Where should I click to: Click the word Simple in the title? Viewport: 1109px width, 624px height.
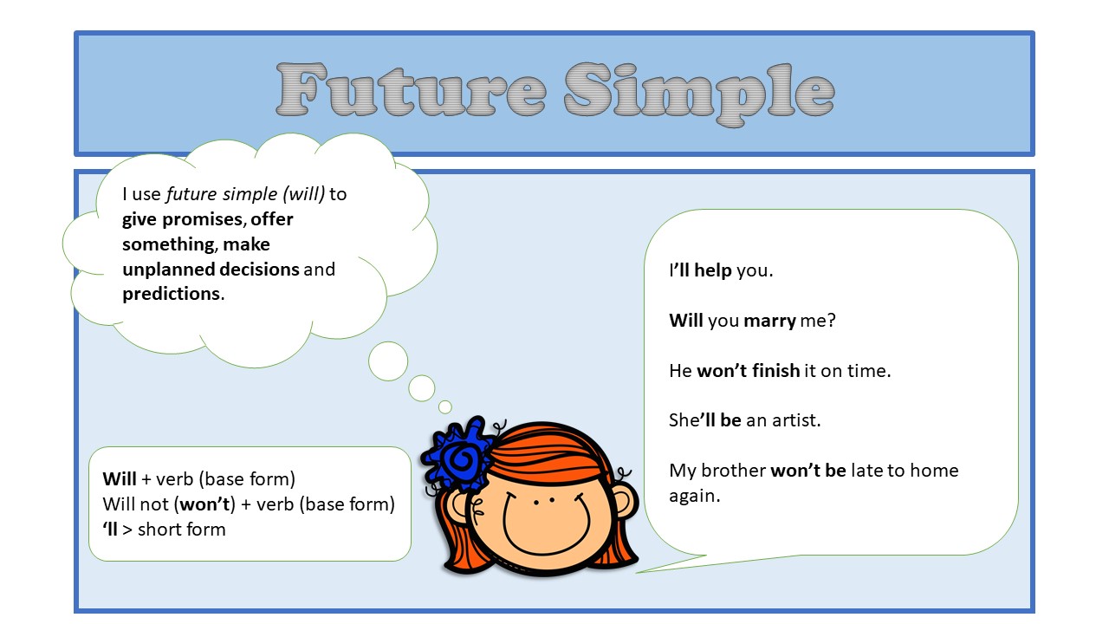[698, 90]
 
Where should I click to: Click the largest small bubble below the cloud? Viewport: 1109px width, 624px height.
[387, 361]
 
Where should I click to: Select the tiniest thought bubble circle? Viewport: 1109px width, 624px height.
[444, 406]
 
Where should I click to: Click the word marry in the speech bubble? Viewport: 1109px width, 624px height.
[769, 321]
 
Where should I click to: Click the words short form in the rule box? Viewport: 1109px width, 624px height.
[181, 529]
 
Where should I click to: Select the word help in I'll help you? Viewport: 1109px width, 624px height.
[713, 270]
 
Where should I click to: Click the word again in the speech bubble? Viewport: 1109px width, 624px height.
[694, 497]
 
